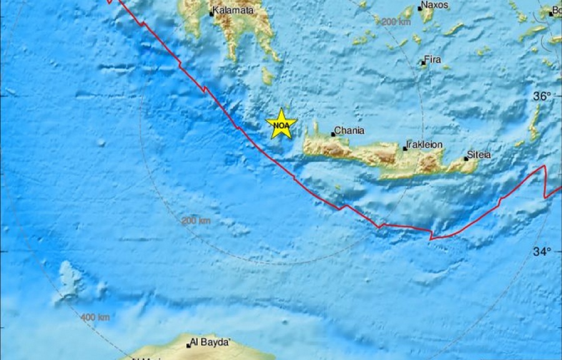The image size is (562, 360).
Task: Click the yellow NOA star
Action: (x=281, y=124)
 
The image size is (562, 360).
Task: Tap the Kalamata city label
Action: (x=232, y=11)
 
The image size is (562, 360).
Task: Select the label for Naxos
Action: (x=435, y=6)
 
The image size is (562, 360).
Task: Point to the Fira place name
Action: (x=433, y=61)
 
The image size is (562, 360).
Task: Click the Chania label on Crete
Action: (x=348, y=131)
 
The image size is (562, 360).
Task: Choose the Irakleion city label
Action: (x=425, y=145)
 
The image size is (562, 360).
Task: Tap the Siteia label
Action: (x=480, y=155)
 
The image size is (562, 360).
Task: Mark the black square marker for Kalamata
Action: (x=212, y=12)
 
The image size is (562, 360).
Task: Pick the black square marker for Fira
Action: (x=423, y=62)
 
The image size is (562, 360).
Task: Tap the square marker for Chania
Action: (x=333, y=134)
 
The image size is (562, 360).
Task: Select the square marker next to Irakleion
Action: (x=405, y=148)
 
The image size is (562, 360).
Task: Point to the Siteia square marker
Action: (x=466, y=158)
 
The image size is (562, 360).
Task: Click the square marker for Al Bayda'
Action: (x=188, y=346)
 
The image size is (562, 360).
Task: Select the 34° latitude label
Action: (x=542, y=252)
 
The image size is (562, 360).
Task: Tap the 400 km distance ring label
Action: (x=96, y=317)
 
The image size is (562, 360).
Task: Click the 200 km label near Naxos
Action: (x=396, y=22)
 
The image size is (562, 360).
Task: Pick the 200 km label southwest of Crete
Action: (x=196, y=221)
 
